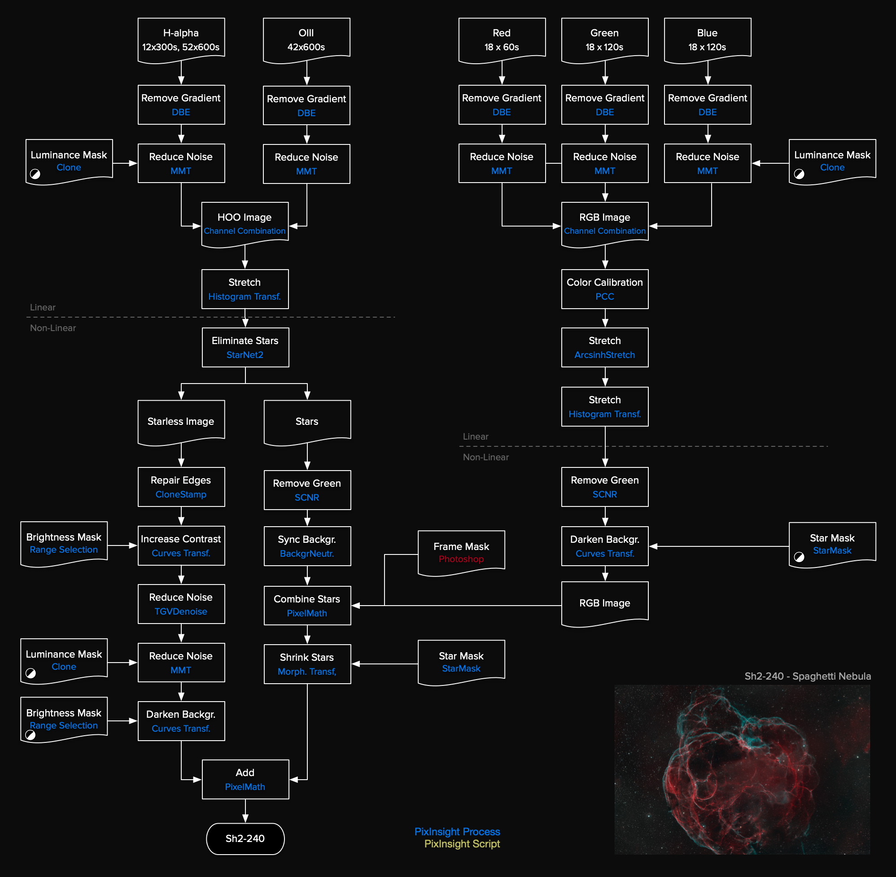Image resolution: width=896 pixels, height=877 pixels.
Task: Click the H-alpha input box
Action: (x=181, y=39)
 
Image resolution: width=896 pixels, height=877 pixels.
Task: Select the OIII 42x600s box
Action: (x=306, y=39)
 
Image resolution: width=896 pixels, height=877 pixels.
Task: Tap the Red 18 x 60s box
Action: (x=502, y=39)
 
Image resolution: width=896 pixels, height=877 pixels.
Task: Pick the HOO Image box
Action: (x=245, y=223)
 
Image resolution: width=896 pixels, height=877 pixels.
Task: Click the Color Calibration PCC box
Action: (x=604, y=289)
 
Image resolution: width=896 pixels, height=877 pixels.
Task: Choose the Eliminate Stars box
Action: (x=245, y=347)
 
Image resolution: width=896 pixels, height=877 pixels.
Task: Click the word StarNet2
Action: (x=245, y=355)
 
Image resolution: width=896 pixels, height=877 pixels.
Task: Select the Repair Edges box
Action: (x=181, y=487)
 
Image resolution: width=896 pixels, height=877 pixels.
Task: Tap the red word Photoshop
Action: (x=461, y=558)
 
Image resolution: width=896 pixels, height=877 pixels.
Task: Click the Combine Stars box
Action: (x=307, y=605)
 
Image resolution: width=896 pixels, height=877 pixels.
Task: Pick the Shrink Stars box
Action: (x=307, y=664)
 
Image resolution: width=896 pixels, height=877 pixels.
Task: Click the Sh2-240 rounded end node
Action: (x=245, y=838)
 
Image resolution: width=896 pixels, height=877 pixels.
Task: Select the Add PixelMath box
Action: (x=245, y=779)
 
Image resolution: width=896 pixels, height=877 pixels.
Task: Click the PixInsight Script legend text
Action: (x=462, y=844)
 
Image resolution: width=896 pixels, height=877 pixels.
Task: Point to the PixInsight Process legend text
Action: (x=457, y=831)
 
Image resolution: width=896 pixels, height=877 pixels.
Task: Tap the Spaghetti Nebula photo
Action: (x=742, y=769)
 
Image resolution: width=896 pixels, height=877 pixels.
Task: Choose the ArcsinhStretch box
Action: (x=604, y=347)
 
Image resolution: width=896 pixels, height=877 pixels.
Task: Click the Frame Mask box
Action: (x=461, y=551)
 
